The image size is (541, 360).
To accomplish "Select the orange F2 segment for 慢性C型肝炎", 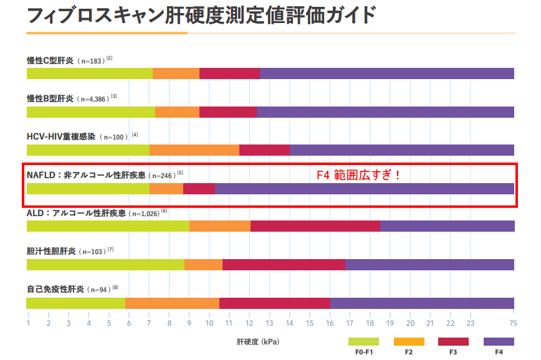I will [x=176, y=73].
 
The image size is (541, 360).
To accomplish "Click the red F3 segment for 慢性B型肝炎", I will [x=227, y=112].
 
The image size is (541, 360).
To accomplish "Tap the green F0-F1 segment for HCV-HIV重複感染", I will [x=88, y=150].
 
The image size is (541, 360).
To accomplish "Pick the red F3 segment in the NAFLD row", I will [x=199, y=189].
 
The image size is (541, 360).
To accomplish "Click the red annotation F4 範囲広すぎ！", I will [x=359, y=175].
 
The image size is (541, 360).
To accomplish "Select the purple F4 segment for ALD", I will [x=447, y=226].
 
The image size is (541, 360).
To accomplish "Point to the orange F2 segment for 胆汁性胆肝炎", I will [x=203, y=265].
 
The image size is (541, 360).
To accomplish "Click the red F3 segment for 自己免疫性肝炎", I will [x=274, y=303].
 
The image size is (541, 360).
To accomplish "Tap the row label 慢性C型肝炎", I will [x=50, y=60].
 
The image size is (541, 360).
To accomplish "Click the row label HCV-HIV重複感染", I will [x=61, y=136].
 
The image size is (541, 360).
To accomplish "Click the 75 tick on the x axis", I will [x=513, y=323].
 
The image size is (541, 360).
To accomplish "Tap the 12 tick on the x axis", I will [x=249, y=323].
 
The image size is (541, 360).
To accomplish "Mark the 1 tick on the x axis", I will [x=28, y=323].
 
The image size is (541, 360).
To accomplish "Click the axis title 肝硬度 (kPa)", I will [x=258, y=342].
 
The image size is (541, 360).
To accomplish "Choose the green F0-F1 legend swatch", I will [x=363, y=341].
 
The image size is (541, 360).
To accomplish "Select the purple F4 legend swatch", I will [x=499, y=341].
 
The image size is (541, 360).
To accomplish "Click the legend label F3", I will [x=453, y=352].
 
